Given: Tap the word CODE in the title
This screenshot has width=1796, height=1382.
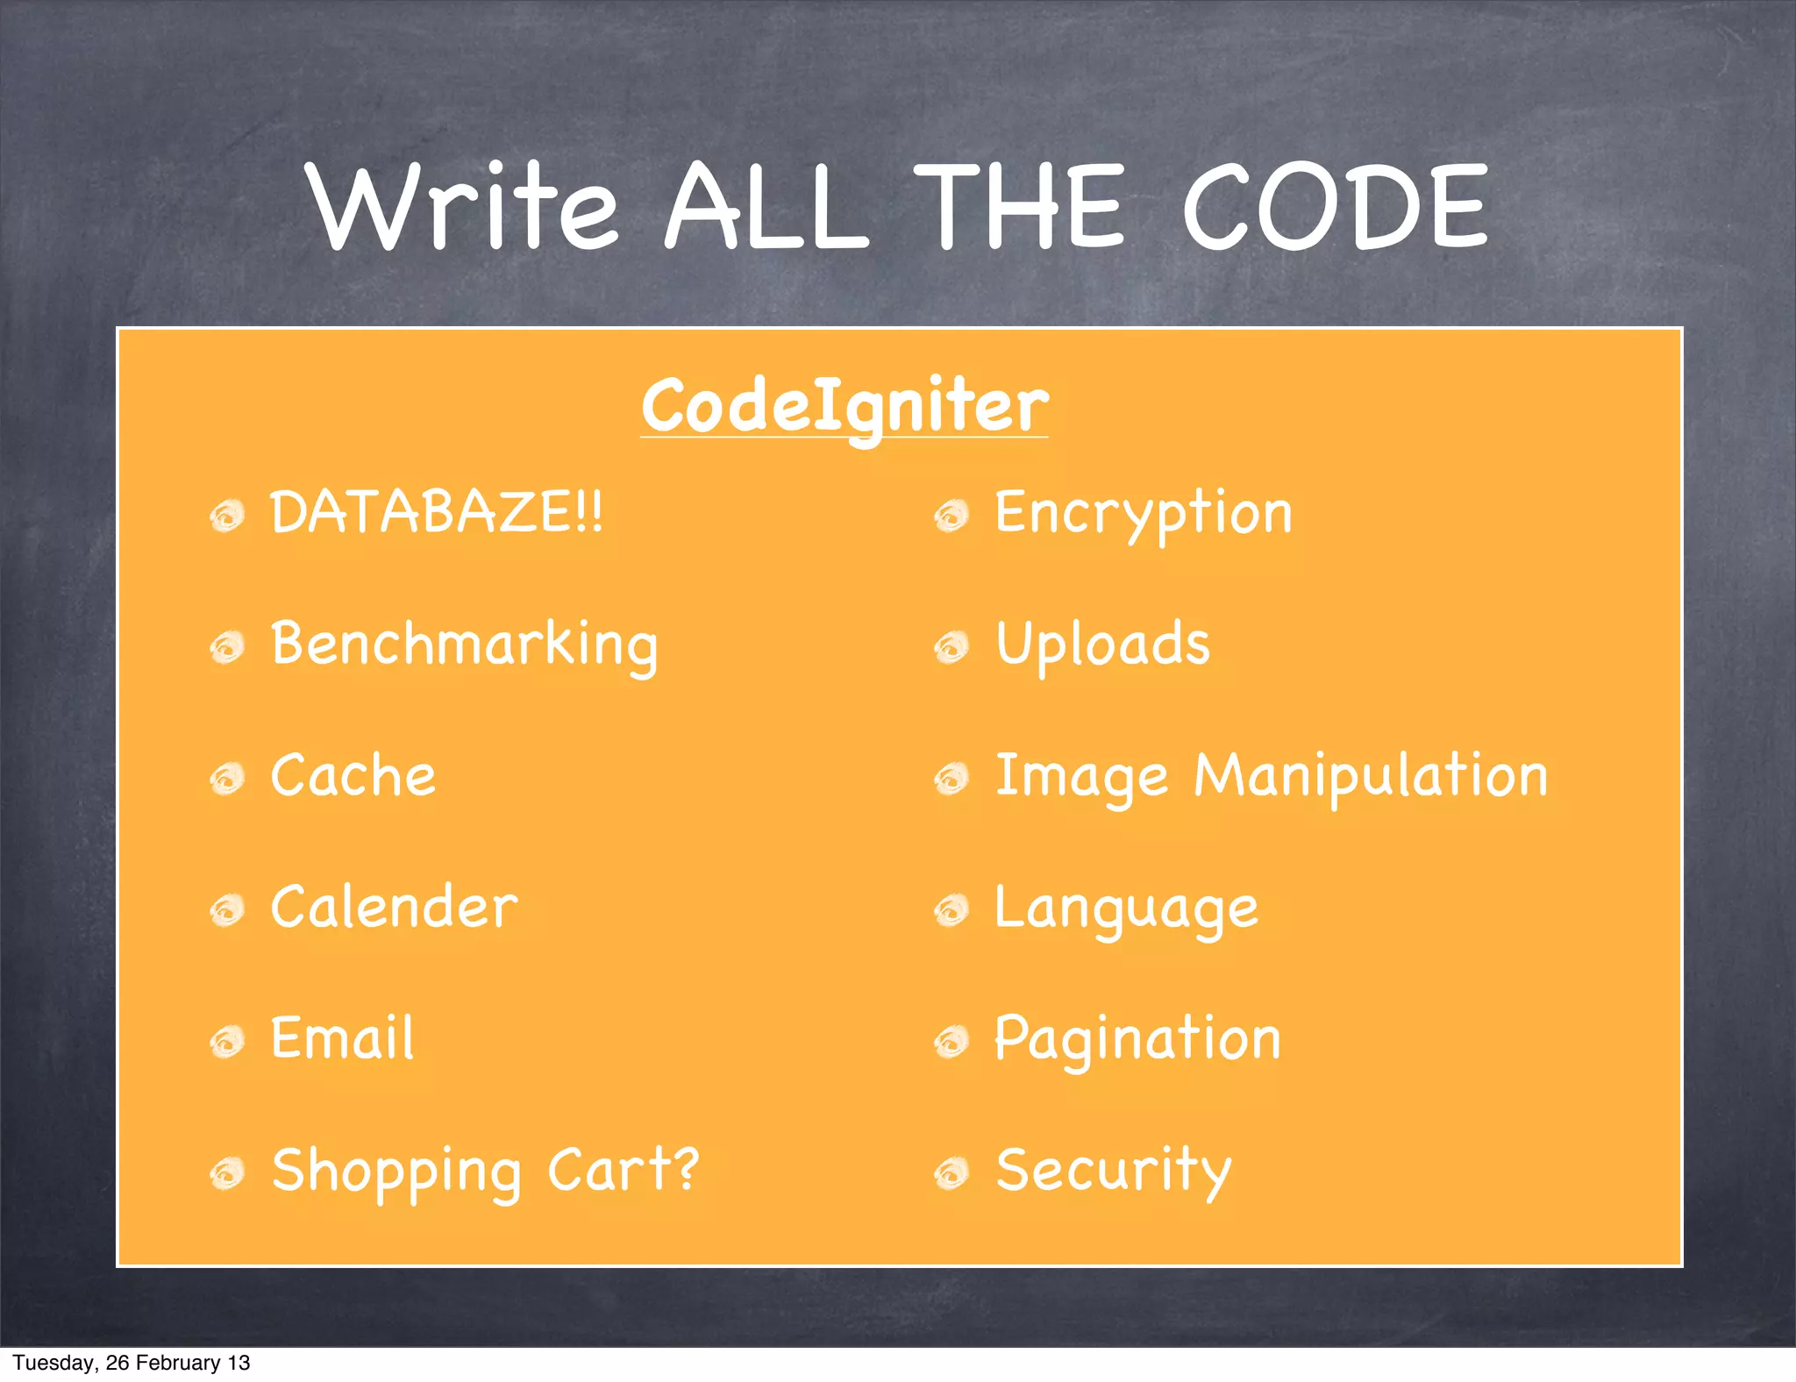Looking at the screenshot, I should coord(1335,207).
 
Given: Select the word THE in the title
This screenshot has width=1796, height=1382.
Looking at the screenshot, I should coord(1018,207).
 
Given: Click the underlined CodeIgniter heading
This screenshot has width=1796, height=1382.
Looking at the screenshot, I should coord(845,406).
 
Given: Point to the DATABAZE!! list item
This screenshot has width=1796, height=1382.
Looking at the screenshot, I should coord(436,512).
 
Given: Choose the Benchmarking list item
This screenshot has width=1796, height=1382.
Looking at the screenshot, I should coord(464,645).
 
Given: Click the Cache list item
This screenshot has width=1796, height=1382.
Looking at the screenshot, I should coord(353,776).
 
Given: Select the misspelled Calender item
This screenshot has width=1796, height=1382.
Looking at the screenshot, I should coord(394,907).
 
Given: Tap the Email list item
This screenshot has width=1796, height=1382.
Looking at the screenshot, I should coord(342,1038).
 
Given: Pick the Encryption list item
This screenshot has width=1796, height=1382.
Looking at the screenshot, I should coord(1143,514).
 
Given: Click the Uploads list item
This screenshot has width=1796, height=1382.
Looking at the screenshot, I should coord(1102,645).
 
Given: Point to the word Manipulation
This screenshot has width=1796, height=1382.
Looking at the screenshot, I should coord(1370,777).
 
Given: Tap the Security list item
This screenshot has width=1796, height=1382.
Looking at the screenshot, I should coord(1114,1172).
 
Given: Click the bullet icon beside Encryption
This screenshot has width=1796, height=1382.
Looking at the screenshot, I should coord(951,516).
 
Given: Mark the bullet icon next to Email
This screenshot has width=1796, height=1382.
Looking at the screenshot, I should coord(227,1042).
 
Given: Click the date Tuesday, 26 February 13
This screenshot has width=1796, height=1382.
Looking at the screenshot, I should coord(132,1363).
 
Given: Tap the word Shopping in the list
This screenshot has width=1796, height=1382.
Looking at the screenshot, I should coord(396,1172).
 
